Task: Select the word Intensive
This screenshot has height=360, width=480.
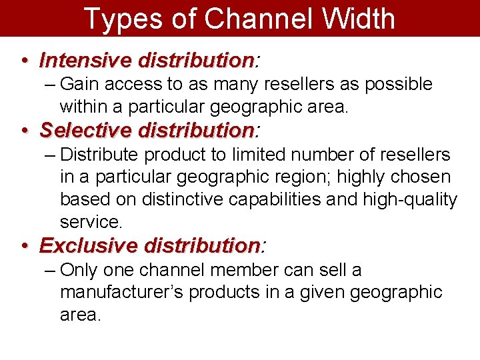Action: (x=85, y=61)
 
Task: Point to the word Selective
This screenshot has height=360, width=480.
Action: (x=86, y=129)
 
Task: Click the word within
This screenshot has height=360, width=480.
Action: (x=82, y=107)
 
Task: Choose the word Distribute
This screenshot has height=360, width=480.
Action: (x=99, y=155)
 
